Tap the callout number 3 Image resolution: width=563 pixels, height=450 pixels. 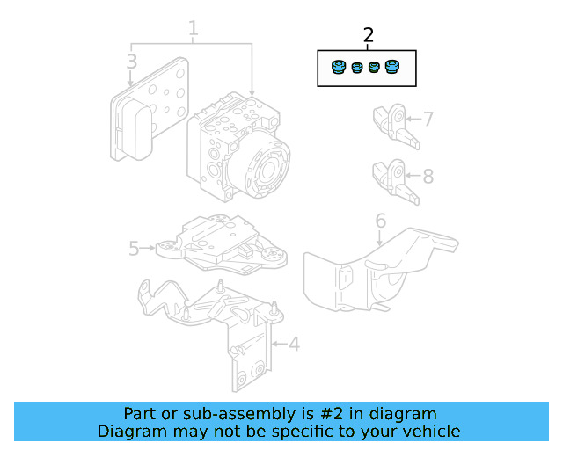tap(131, 62)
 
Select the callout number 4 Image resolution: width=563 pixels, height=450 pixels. tap(294, 344)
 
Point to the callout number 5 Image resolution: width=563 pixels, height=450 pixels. tap(134, 249)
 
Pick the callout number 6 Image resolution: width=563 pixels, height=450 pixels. tap(381, 221)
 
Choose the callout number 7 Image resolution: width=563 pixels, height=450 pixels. tap(428, 119)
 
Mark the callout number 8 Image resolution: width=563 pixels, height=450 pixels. tap(428, 176)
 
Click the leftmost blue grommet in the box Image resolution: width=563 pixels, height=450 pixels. tap(338, 68)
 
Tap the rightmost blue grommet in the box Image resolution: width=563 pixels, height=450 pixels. tap(392, 68)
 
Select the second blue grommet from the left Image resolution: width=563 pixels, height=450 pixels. tap(357, 69)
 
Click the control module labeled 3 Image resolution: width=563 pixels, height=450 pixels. tap(145, 110)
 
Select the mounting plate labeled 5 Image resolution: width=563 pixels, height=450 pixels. tap(220, 242)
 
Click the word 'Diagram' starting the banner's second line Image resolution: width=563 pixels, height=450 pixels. tap(128, 431)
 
